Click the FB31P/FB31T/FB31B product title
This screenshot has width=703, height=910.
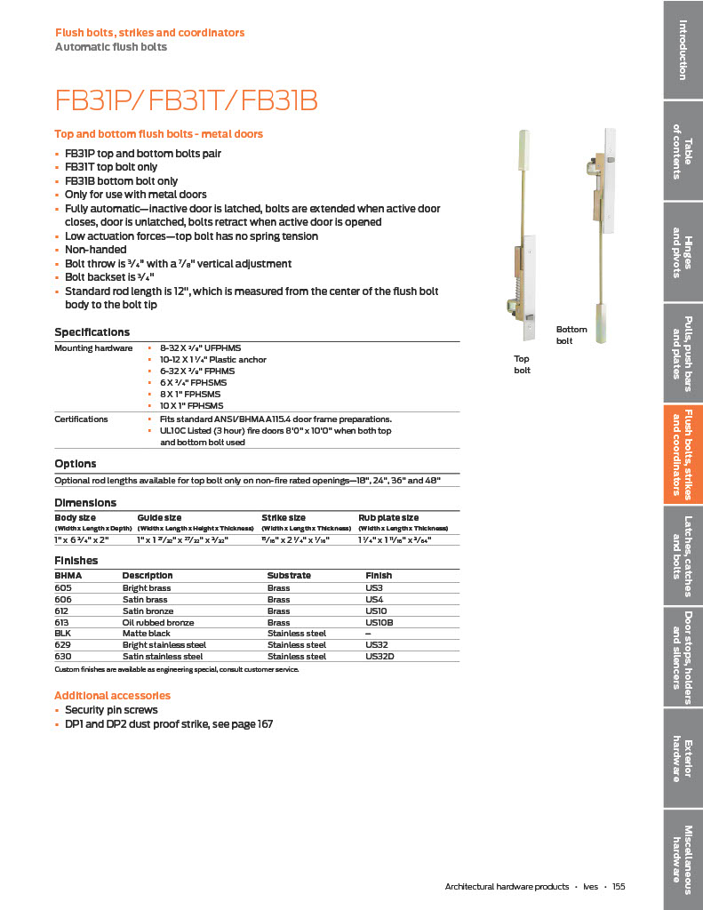coord(186,100)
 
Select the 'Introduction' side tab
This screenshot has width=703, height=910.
coord(683,49)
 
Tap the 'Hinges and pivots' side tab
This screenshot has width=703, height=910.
coord(683,252)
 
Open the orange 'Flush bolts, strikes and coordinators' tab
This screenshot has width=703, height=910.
coord(683,454)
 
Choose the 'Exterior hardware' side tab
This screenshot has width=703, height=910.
coord(683,758)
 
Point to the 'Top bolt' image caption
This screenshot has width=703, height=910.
coord(522,364)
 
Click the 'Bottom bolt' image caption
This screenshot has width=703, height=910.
coord(571,335)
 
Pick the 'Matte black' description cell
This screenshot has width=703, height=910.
coord(146,634)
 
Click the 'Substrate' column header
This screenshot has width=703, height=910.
coord(289,576)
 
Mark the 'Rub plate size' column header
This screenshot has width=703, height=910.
coord(388,517)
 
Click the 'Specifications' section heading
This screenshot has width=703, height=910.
coord(92,332)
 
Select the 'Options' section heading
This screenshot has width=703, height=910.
coord(76,464)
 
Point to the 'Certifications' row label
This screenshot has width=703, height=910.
coord(81,419)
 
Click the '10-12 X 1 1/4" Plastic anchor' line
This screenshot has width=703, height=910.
coord(212,360)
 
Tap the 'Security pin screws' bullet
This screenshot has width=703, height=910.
coord(111,710)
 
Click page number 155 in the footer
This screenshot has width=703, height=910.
coord(619,887)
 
